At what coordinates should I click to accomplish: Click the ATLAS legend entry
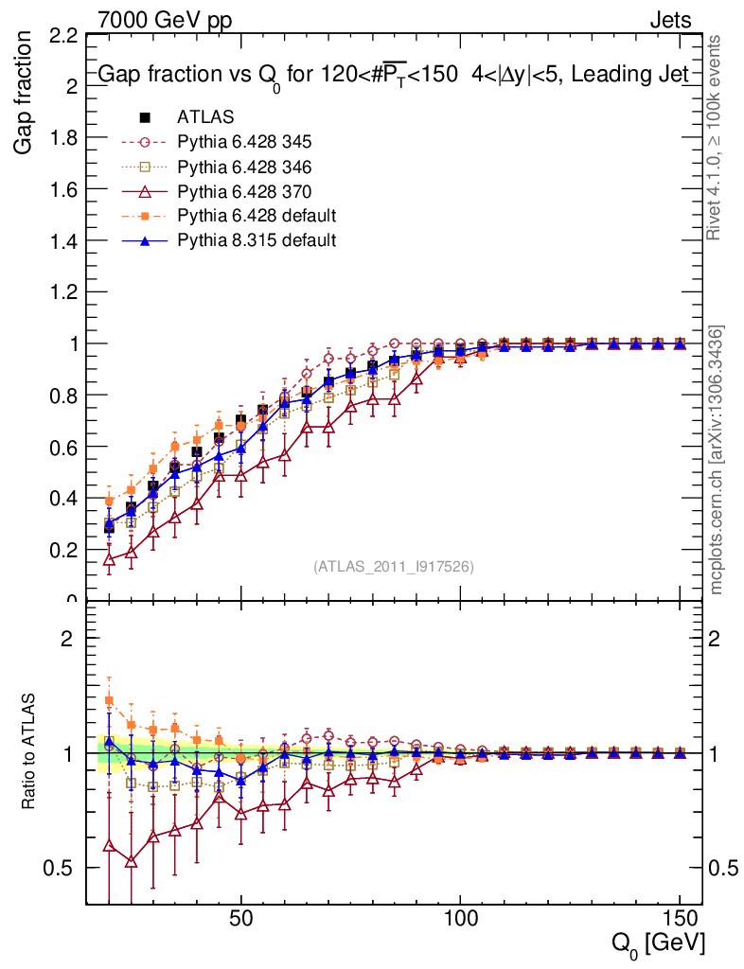(x=205, y=117)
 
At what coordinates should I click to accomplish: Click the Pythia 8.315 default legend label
(x=256, y=240)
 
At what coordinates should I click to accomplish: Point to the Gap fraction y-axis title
(x=25, y=93)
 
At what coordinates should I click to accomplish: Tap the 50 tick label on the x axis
(x=240, y=921)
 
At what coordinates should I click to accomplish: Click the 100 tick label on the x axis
(x=460, y=921)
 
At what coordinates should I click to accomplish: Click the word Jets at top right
(x=669, y=18)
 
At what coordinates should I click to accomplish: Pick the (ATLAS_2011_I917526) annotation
(x=394, y=567)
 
